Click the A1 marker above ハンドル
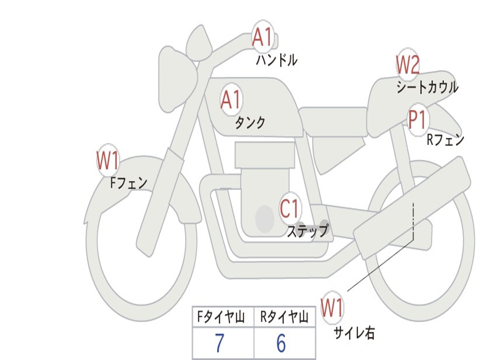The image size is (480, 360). click(262, 37)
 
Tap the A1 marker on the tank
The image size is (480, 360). click(230, 100)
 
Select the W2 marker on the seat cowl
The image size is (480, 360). click(407, 65)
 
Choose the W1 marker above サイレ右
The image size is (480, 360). click(332, 308)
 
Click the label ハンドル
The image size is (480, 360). click(277, 60)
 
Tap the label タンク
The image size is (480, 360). click(250, 123)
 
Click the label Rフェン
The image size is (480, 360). click(445, 140)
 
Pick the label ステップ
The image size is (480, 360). click(307, 231)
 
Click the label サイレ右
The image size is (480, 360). click(354, 333)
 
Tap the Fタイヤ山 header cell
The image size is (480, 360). click(220, 318)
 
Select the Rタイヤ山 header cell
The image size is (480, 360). click(284, 318)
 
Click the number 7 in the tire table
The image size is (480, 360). click(219, 344)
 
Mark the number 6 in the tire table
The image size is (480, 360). click(281, 344)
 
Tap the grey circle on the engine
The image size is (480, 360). click(264, 218)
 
